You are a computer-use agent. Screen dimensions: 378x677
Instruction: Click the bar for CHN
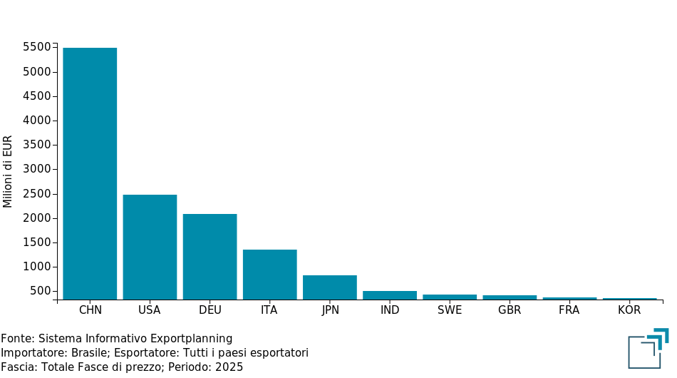coord(90,173)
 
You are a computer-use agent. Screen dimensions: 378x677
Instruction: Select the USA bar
coord(150,247)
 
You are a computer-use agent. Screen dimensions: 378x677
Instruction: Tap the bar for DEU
coord(210,257)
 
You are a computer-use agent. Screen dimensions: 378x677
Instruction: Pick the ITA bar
coord(269,275)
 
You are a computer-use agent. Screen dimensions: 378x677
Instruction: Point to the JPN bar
coord(330,287)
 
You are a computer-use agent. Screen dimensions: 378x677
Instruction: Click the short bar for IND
coord(390,295)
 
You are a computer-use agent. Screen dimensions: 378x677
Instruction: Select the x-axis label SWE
coord(450,310)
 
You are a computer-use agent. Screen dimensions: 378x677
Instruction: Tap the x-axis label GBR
coord(510,310)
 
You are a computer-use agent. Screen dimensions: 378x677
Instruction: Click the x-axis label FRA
coord(569,310)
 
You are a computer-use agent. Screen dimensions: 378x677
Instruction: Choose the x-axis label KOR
coord(629,310)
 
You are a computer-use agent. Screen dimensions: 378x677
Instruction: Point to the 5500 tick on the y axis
coord(36,47)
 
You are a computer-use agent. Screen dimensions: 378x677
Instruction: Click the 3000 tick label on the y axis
coord(36,169)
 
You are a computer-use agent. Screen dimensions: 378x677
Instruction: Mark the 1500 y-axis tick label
coord(36,242)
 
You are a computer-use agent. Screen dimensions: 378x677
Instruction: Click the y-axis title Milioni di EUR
coord(9,171)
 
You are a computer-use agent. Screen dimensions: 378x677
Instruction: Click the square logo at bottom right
coord(648,349)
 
